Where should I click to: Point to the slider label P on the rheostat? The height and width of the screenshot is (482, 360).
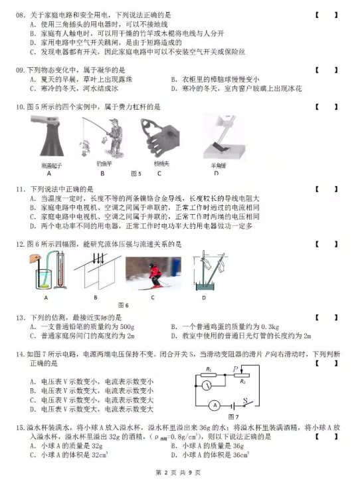(x=235, y=367)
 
